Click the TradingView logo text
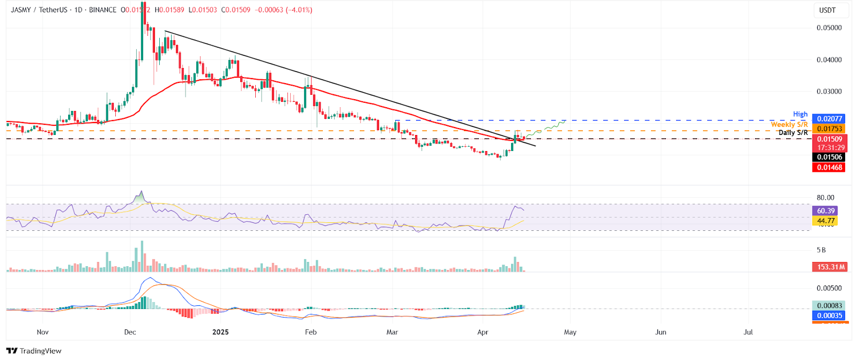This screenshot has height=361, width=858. coord(40,351)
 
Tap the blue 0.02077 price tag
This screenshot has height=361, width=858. coord(829,119)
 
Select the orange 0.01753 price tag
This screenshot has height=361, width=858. coord(829,129)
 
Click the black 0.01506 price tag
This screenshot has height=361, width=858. coord(829,157)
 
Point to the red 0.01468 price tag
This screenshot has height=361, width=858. coord(829,167)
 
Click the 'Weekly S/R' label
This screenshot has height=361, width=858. coord(789,124)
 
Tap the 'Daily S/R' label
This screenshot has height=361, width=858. coord(793,132)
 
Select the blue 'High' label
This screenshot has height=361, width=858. coord(800,114)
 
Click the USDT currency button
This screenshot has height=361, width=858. coord(827,10)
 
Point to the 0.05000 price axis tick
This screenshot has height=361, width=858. coord(829,28)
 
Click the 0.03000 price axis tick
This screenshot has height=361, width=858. coord(829,92)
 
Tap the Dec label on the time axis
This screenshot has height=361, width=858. coord(130,332)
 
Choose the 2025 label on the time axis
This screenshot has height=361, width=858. coord(220,332)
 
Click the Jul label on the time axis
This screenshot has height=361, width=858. coord(748,332)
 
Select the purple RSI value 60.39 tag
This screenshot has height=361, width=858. coord(826,211)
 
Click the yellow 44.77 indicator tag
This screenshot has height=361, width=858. coord(826,221)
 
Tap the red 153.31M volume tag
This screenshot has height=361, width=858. coord(831,267)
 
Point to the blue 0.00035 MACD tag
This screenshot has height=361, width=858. coord(829,315)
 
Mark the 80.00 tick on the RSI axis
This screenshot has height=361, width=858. coord(825,198)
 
